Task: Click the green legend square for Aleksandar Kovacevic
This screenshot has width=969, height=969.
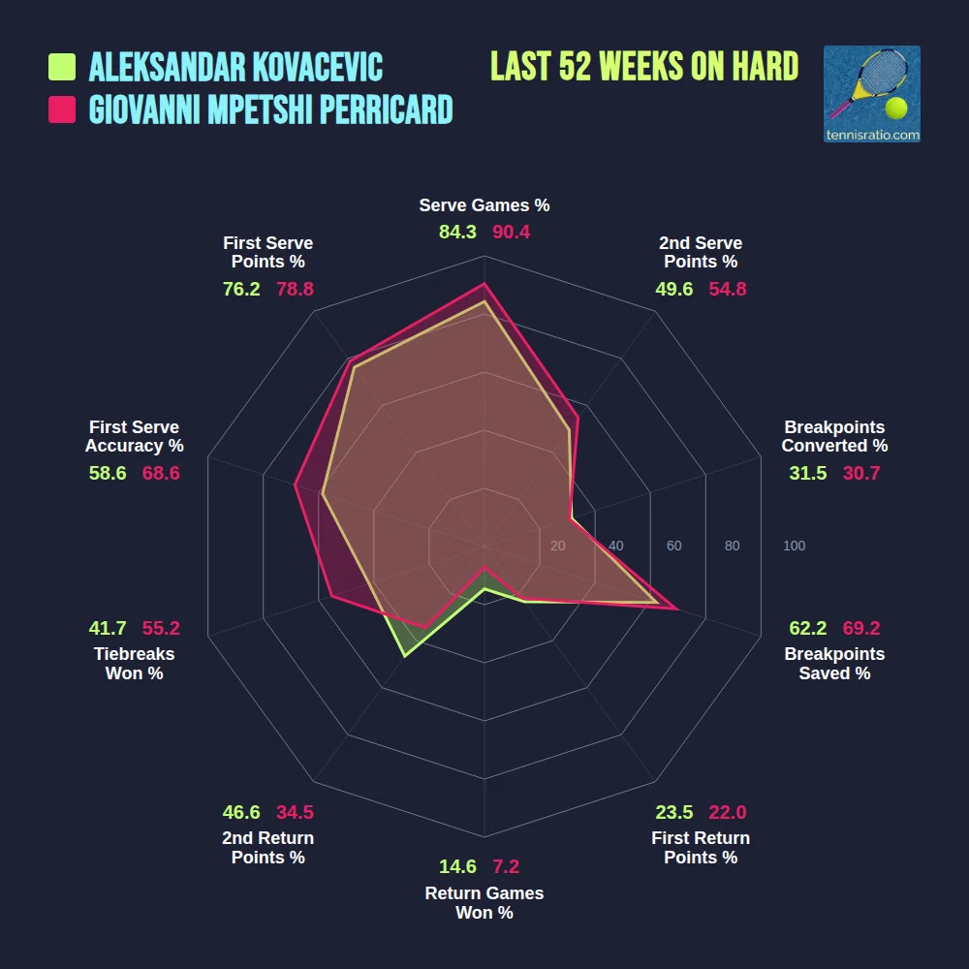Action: (62, 67)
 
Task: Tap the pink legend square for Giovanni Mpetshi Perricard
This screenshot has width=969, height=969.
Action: (62, 109)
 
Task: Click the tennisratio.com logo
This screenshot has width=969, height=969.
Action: (871, 94)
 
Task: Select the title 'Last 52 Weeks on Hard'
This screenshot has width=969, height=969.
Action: (644, 67)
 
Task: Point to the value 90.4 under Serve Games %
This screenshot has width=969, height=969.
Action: (512, 233)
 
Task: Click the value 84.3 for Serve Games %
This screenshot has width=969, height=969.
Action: (457, 233)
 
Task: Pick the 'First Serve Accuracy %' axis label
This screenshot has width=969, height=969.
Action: (134, 437)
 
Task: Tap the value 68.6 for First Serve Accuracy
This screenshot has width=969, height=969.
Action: (161, 474)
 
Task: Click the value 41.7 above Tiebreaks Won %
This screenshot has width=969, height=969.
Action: (108, 628)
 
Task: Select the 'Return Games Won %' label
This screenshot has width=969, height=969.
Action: (484, 903)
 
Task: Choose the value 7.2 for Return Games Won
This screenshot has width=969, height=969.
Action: (506, 867)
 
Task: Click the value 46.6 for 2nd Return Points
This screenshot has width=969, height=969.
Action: (241, 813)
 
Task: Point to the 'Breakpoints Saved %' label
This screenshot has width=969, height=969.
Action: (834, 664)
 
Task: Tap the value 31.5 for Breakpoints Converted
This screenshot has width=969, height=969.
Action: (808, 474)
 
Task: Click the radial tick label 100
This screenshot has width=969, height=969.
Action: (794, 547)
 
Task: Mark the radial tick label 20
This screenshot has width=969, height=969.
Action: (557, 547)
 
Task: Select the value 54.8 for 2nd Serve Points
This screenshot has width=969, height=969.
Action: (728, 289)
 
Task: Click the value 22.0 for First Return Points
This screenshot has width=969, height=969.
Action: (727, 813)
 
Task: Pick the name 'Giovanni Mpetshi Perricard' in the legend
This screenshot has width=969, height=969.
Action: (271, 109)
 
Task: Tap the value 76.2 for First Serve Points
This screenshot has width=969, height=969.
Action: (241, 289)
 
